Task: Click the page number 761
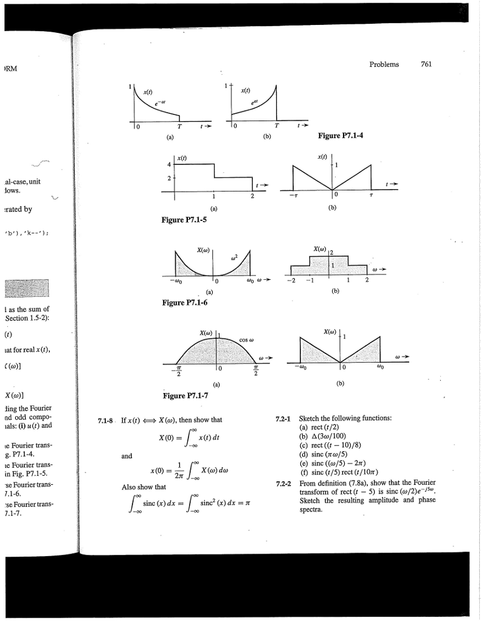pos(426,65)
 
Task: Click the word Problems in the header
pos(384,65)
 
